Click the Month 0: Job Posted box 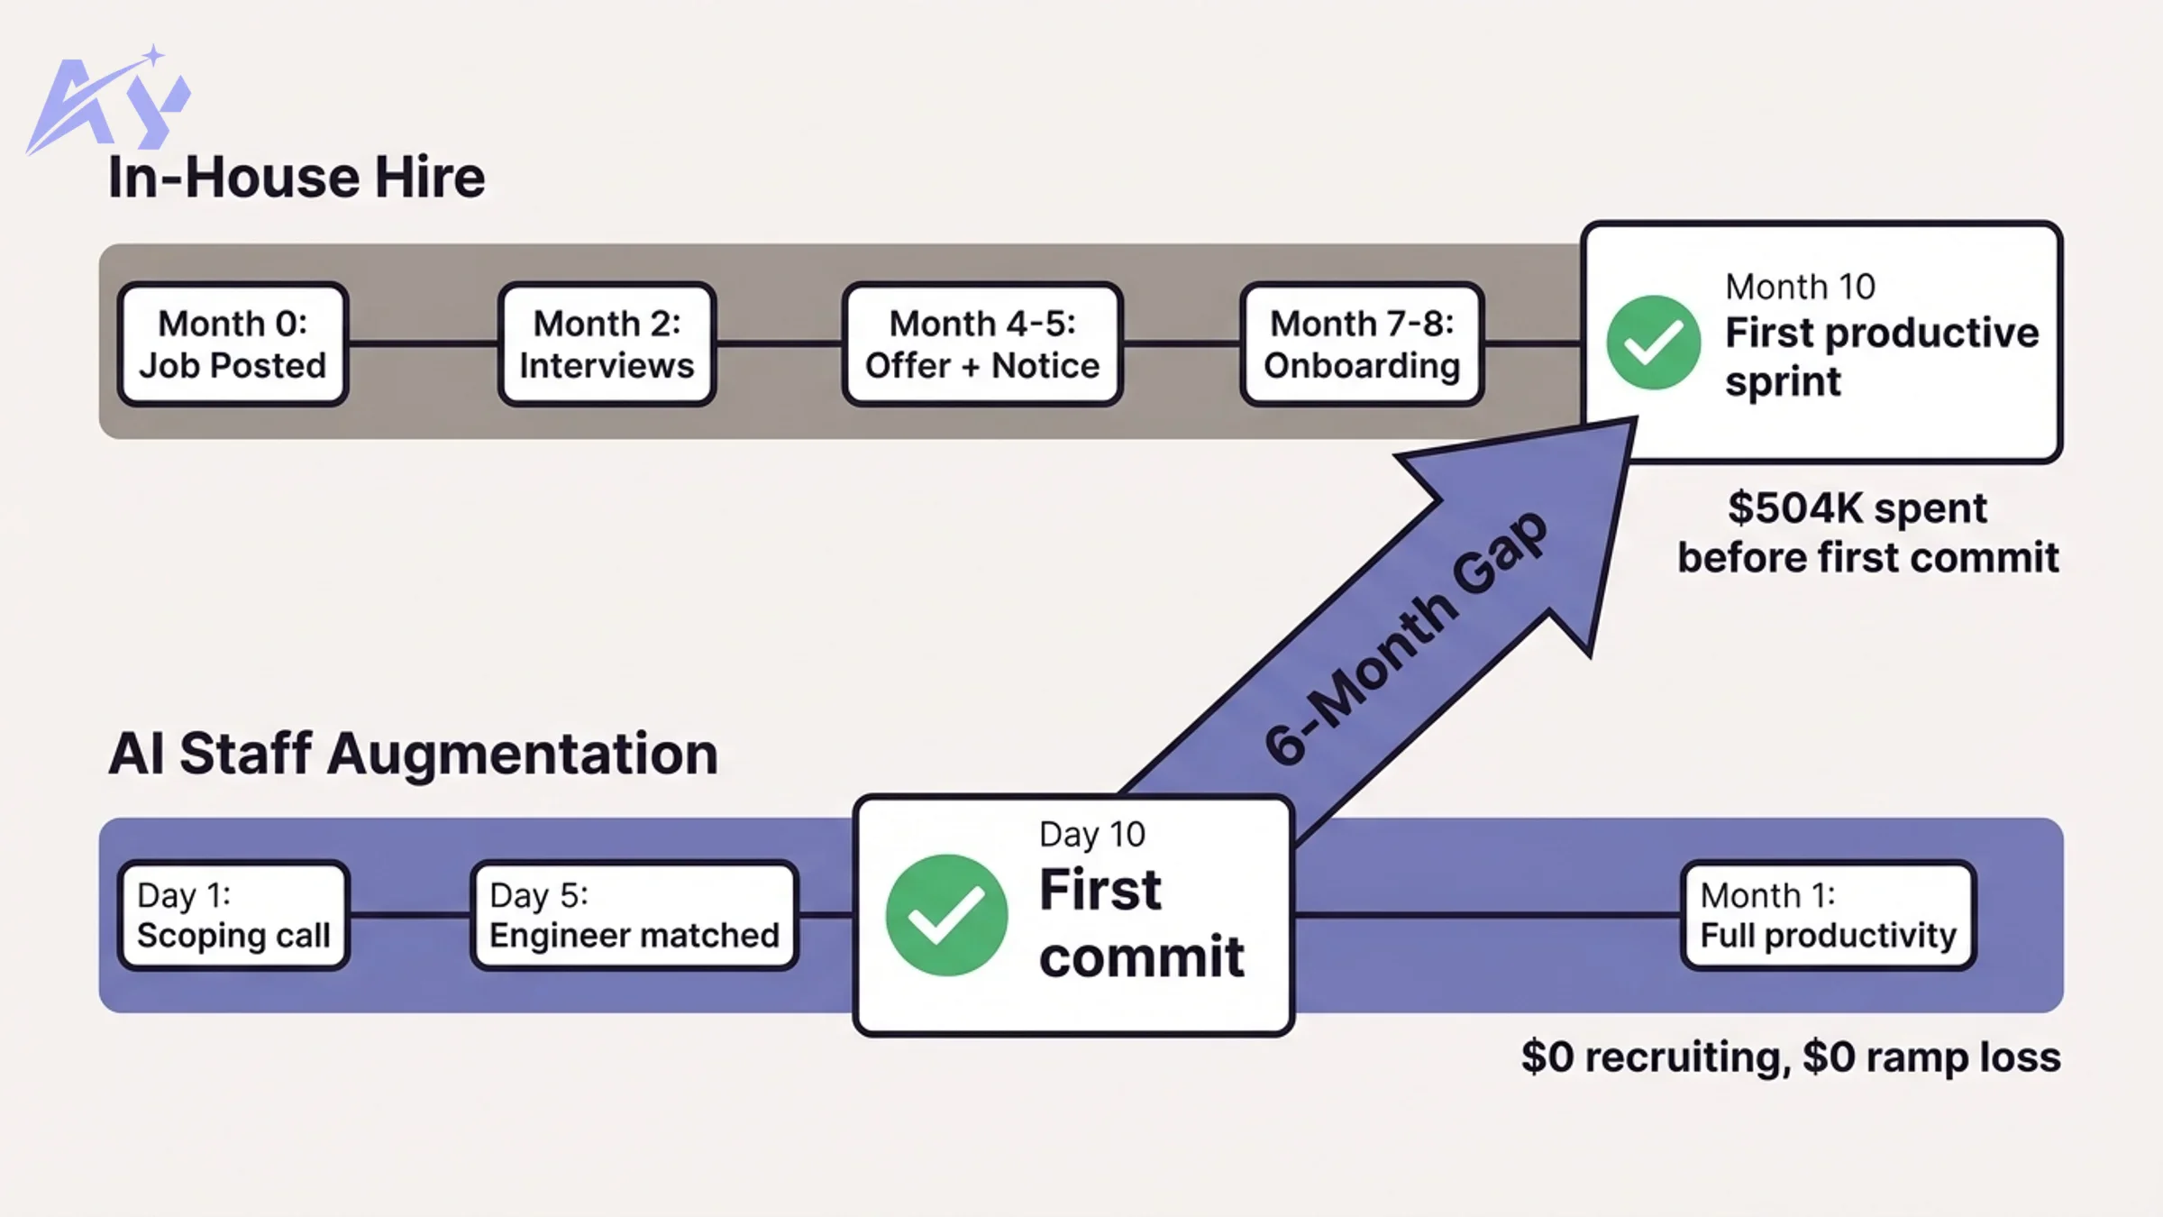pos(233,344)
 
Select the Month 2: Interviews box pos(607,344)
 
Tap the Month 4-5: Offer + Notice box pos(982,344)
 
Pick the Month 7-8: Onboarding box pos(1362,344)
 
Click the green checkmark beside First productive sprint pos(1653,343)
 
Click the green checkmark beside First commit pos(946,915)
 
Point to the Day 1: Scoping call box pos(233,915)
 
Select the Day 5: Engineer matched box pos(634,915)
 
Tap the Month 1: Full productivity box pos(1828,915)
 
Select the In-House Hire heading pos(297,177)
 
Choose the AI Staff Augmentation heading pos(413,754)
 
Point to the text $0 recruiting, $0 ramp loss pos(1790,1057)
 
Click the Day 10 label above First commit pos(1091,835)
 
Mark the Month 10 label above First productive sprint pos(1800,288)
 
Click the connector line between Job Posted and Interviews pos(423,343)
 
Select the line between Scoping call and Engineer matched pos(410,914)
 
